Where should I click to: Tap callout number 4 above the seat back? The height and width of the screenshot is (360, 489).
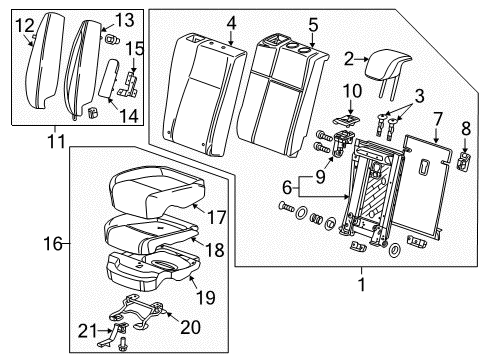231,23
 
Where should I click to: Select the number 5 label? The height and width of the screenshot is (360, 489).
313,25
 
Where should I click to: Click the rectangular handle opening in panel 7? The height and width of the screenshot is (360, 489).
424,166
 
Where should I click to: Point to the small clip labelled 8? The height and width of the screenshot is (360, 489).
465,161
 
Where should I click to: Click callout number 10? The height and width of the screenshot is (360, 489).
352,91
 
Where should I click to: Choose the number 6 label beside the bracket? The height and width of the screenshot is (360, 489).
287,187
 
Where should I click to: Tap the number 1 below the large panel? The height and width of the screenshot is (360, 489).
361,284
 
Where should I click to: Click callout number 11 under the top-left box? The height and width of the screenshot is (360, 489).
56,141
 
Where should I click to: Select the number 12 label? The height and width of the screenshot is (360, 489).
25,26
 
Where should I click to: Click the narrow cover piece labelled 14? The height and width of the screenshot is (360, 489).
109,79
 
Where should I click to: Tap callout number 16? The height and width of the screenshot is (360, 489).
53,244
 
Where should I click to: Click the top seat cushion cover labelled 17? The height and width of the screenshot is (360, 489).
156,190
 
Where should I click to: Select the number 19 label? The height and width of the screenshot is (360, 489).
206,297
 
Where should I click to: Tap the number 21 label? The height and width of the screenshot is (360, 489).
88,331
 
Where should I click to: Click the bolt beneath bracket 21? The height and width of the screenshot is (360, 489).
122,344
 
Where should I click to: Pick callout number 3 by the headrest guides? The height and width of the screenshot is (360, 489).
419,96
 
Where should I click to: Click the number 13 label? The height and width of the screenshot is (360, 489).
124,20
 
